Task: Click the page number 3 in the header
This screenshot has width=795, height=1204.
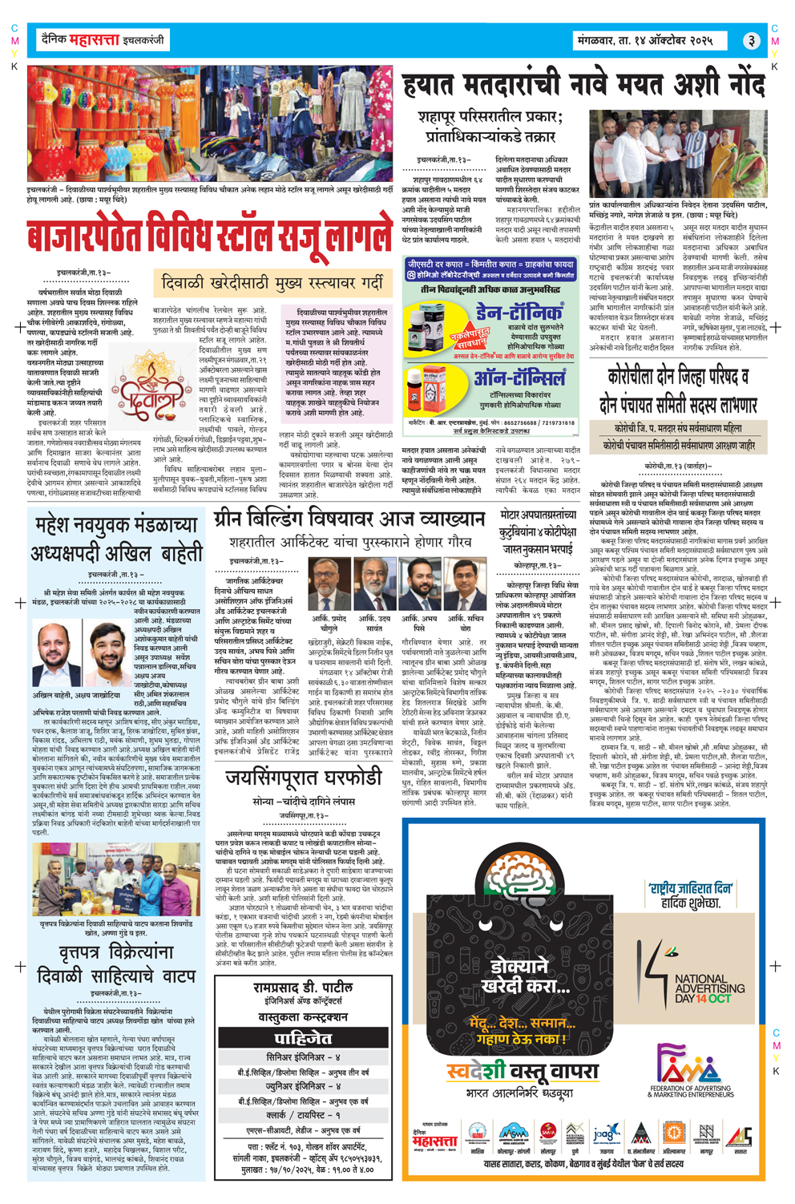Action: pos(750,40)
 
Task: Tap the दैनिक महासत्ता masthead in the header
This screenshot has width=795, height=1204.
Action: pos(100,39)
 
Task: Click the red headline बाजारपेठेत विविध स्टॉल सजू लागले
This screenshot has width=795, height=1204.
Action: pos(210,238)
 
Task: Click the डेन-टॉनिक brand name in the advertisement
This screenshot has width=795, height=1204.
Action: pos(519,312)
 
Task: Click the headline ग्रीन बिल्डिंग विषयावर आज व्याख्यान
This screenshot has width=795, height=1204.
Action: pos(349,519)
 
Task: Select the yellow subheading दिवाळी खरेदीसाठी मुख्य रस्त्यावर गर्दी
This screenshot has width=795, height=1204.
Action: pos(272,282)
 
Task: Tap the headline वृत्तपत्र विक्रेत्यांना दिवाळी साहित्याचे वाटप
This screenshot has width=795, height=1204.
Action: pos(116,964)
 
